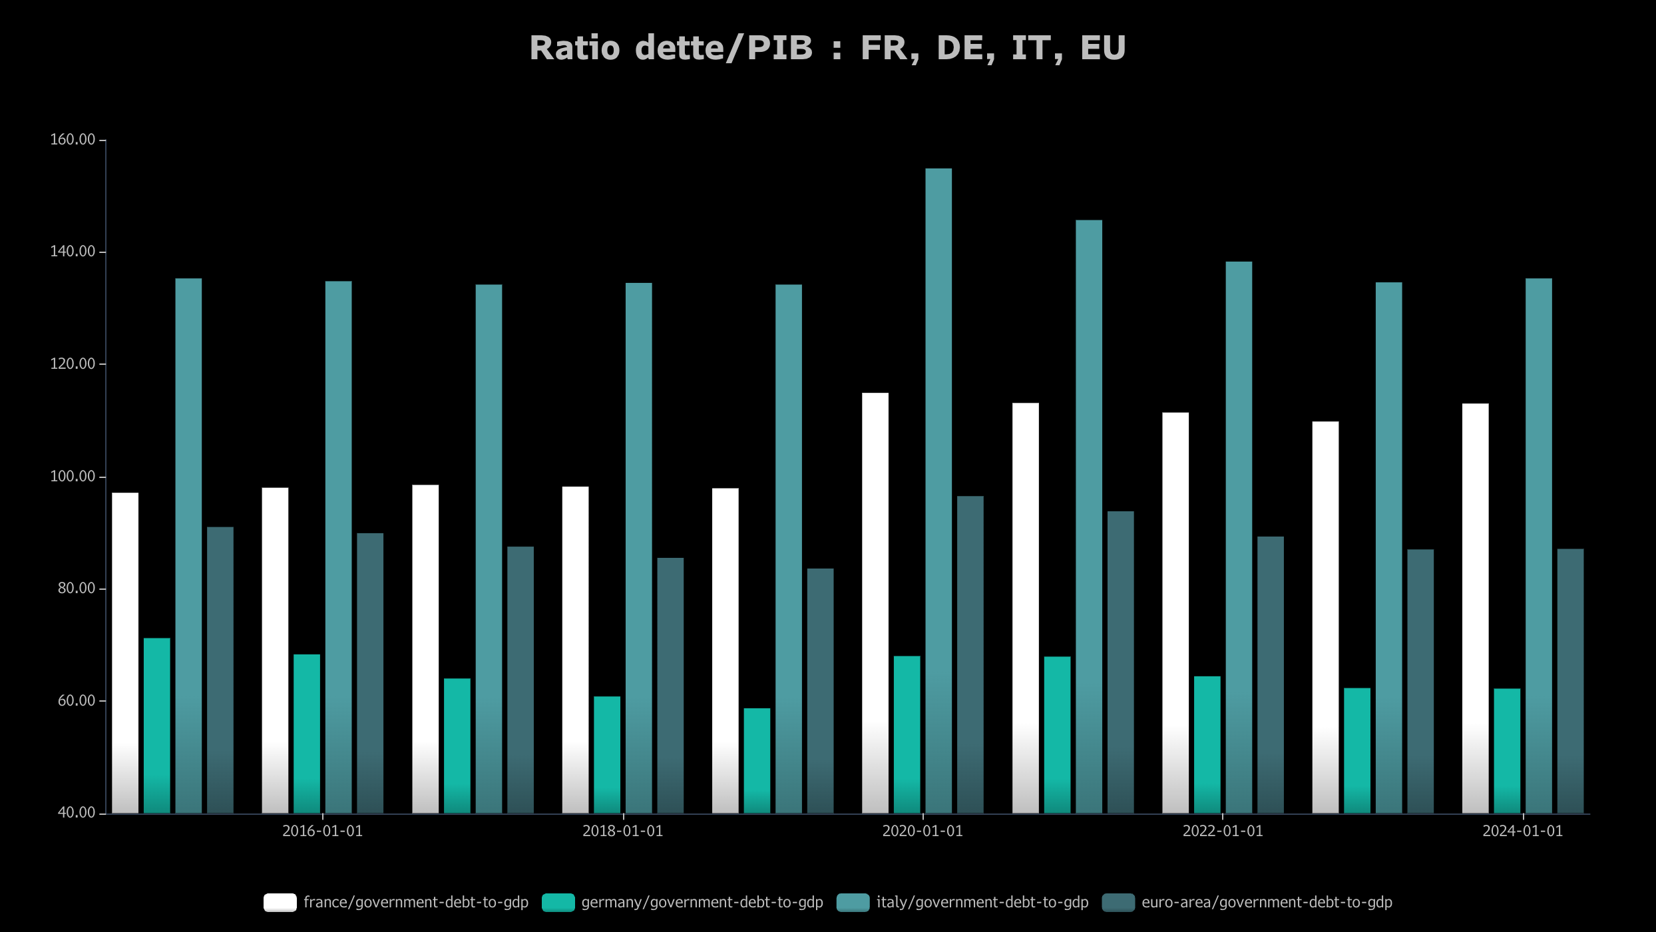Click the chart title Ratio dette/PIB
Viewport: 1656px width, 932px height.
click(x=827, y=48)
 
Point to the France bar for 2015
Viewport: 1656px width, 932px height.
click(x=125, y=652)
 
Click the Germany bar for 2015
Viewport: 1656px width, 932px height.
click(x=156, y=726)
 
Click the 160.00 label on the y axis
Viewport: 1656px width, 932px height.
click(x=73, y=140)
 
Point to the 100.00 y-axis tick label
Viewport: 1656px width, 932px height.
click(x=73, y=477)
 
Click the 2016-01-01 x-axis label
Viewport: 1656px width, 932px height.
click(x=322, y=831)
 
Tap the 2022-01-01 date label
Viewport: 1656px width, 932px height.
click(x=1222, y=831)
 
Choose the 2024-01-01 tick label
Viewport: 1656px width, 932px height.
click(x=1522, y=831)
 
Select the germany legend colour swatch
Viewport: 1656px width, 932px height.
click(x=558, y=903)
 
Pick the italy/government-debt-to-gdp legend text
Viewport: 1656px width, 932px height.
click(x=982, y=903)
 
